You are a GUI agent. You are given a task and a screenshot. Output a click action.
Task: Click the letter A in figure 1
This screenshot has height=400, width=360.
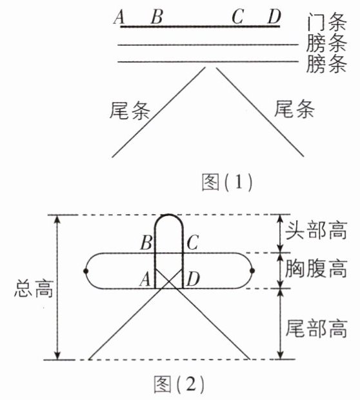[x=119, y=17]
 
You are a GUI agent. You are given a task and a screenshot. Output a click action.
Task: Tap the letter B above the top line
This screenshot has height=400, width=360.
[x=157, y=17]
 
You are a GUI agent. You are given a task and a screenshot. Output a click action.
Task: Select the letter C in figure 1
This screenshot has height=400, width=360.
[x=237, y=17]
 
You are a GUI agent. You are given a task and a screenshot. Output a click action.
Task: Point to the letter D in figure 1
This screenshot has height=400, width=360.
[x=274, y=17]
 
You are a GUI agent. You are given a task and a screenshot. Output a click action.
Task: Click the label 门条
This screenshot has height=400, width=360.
[x=326, y=22]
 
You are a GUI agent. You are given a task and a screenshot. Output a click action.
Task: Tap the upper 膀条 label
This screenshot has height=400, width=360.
[x=326, y=43]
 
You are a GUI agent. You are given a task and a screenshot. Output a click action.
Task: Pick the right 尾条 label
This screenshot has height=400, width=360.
[x=294, y=109]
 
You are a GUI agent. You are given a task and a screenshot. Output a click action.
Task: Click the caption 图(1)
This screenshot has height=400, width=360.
[x=227, y=182]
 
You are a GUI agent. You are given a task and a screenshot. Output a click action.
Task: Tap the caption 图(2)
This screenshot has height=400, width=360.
[x=179, y=384]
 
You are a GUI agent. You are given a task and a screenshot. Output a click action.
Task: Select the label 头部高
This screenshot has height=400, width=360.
[x=316, y=230]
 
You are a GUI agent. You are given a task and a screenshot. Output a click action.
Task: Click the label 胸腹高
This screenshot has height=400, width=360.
[x=316, y=268]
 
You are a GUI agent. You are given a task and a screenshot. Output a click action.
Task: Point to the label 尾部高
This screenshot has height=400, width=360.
[x=316, y=328]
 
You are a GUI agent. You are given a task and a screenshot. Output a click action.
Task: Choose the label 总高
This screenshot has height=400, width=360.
[x=34, y=288]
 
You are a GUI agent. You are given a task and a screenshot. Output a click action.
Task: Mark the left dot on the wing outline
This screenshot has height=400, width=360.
[x=86, y=271]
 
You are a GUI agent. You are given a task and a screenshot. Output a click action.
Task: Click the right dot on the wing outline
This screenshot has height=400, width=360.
[x=252, y=271]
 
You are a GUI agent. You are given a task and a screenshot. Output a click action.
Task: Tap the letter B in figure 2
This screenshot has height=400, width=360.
[x=146, y=243]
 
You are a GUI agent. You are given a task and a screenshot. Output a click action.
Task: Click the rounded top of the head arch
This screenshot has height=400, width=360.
[x=169, y=215]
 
